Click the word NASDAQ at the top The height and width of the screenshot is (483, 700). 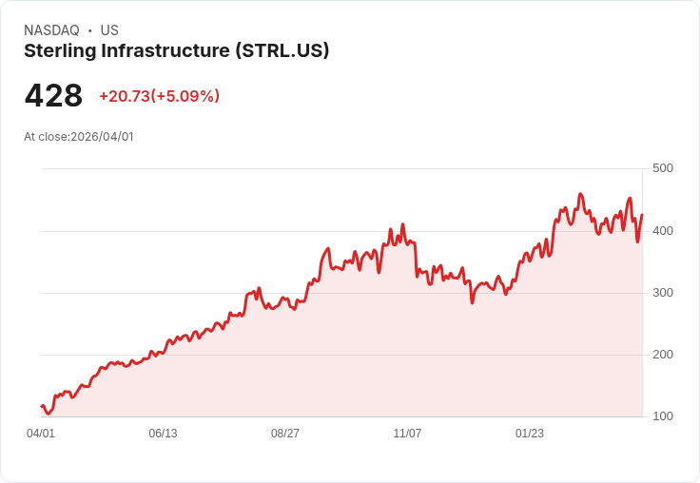coord(51,30)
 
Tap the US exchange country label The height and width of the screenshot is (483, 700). coord(109,30)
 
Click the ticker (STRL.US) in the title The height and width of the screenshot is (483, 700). coord(282,51)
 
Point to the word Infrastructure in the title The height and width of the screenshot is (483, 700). coord(165,51)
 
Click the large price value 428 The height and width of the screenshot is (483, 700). coord(53,96)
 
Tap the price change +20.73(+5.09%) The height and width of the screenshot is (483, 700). coord(159,96)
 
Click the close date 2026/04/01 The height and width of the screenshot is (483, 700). coord(102,137)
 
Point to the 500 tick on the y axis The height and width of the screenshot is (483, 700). coord(662,168)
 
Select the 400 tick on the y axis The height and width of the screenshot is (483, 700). coord(662,230)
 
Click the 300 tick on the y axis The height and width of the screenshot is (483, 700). coord(662,292)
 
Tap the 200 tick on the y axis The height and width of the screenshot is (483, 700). coord(662,355)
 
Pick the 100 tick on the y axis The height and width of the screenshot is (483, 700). coord(662,416)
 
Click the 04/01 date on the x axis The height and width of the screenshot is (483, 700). coord(41,434)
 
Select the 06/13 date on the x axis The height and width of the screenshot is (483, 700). coord(163,434)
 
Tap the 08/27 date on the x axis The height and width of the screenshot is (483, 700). coord(285,434)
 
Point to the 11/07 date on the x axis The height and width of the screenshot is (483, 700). coord(407,434)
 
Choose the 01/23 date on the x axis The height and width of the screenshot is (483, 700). coord(530,434)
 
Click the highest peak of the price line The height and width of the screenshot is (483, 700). coord(580,194)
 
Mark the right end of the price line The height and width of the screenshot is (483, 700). coord(642,215)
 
